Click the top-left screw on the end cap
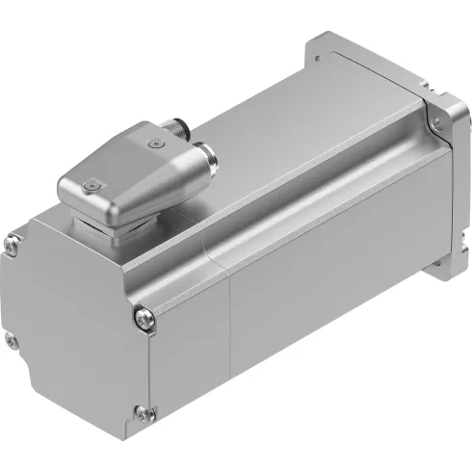(x=11, y=244)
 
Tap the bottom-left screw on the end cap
(x=11, y=338)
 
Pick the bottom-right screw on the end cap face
(x=144, y=413)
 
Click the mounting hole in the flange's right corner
(x=439, y=122)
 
